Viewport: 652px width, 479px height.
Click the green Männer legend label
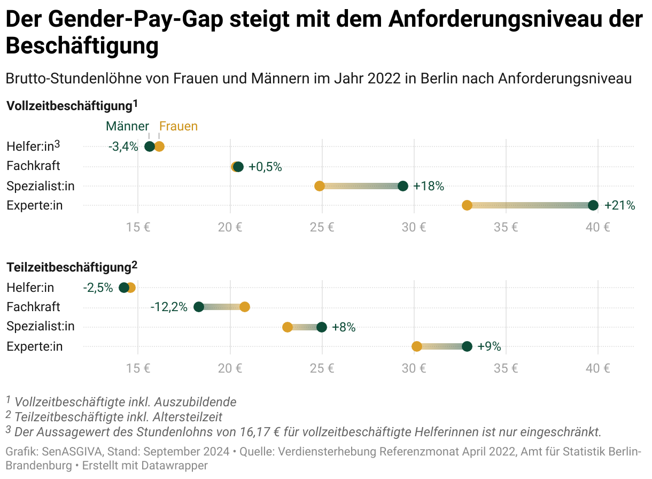127,127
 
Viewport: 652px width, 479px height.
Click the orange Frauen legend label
178,127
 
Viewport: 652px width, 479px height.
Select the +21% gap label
619,205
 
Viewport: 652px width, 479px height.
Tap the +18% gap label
429,186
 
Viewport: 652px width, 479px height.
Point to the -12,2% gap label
169,307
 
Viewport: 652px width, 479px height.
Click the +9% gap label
489,346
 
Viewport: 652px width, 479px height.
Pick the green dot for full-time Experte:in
593,205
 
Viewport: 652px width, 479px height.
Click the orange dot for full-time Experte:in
467,205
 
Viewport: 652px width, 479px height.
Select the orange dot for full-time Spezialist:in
320,186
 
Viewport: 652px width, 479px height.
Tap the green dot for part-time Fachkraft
199,307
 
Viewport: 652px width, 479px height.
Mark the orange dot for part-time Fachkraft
245,307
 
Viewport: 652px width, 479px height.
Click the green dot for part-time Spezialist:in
322,327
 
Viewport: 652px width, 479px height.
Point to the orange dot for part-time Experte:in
417,346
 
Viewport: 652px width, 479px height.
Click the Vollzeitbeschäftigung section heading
69,106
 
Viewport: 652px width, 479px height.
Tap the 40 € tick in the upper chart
597,227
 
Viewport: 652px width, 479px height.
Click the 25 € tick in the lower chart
322,368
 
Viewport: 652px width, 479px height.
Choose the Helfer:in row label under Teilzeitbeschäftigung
30,288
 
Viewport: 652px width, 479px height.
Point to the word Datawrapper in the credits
174,466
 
